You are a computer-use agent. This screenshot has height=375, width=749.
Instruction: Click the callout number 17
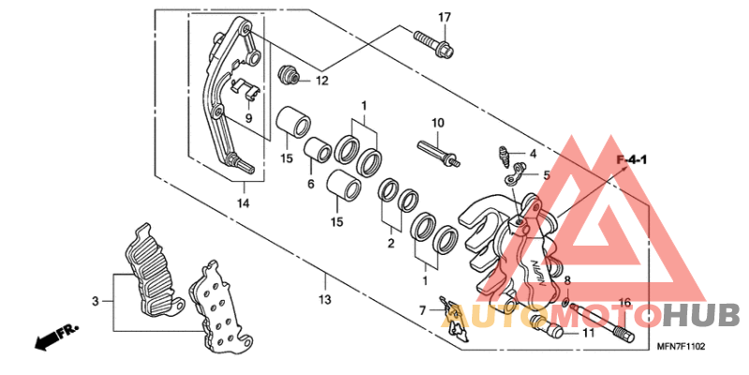point(444,18)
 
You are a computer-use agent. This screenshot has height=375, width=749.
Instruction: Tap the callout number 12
point(321,81)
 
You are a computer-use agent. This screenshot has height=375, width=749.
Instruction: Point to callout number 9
point(250,118)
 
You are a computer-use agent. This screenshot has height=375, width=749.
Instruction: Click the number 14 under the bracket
point(242,202)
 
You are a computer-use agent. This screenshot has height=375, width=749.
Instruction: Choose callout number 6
point(310,184)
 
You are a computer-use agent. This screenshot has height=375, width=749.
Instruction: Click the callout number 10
point(436,124)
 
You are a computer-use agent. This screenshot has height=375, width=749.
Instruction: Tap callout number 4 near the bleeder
point(532,154)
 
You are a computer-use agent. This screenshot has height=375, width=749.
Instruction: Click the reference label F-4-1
point(632,162)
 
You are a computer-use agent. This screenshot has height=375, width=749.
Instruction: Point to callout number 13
point(325,300)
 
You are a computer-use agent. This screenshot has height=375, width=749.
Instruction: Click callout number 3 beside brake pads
point(95,301)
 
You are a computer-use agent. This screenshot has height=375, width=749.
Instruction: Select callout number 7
point(423,309)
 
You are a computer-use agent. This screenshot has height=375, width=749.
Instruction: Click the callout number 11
point(588,332)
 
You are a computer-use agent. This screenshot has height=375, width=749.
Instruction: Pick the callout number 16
point(625,302)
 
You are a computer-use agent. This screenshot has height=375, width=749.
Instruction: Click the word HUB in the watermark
point(703,317)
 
